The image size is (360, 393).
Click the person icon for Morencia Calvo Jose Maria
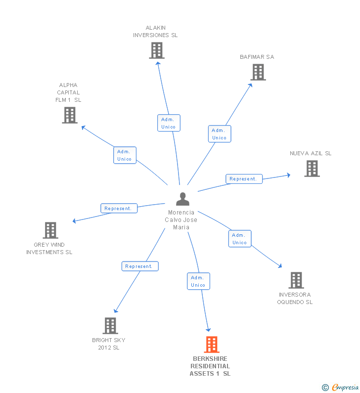pyautogui.click(x=182, y=199)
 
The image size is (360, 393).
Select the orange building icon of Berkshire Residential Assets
pyautogui.click(x=211, y=344)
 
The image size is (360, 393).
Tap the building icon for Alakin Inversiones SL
pyautogui.click(x=156, y=50)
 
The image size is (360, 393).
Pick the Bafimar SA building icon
pyautogui.click(x=258, y=72)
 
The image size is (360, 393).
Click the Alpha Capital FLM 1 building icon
pyautogui.click(x=70, y=115)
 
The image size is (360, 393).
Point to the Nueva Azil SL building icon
pyautogui.click(x=312, y=169)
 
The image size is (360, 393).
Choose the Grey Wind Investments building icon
pyautogui.click(x=50, y=230)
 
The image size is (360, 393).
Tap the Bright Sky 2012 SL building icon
pyautogui.click(x=110, y=326)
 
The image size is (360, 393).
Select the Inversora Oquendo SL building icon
pyautogui.click(x=296, y=280)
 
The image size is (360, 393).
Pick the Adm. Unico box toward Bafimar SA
pyautogui.click(x=219, y=134)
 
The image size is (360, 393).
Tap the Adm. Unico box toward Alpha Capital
pyautogui.click(x=125, y=155)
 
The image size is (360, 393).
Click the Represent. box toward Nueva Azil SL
pyautogui.click(x=244, y=179)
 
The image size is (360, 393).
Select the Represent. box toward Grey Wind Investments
pyautogui.click(x=119, y=209)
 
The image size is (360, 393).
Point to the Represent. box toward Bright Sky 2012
pyautogui.click(x=140, y=266)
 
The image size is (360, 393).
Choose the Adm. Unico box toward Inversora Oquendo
pyautogui.click(x=240, y=239)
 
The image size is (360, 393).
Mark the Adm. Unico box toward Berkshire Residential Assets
pyautogui.click(x=198, y=281)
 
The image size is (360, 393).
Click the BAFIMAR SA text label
pyautogui.click(x=257, y=57)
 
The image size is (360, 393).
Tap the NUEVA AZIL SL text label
pyautogui.click(x=311, y=153)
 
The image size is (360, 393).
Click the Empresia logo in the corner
pyautogui.click(x=341, y=388)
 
